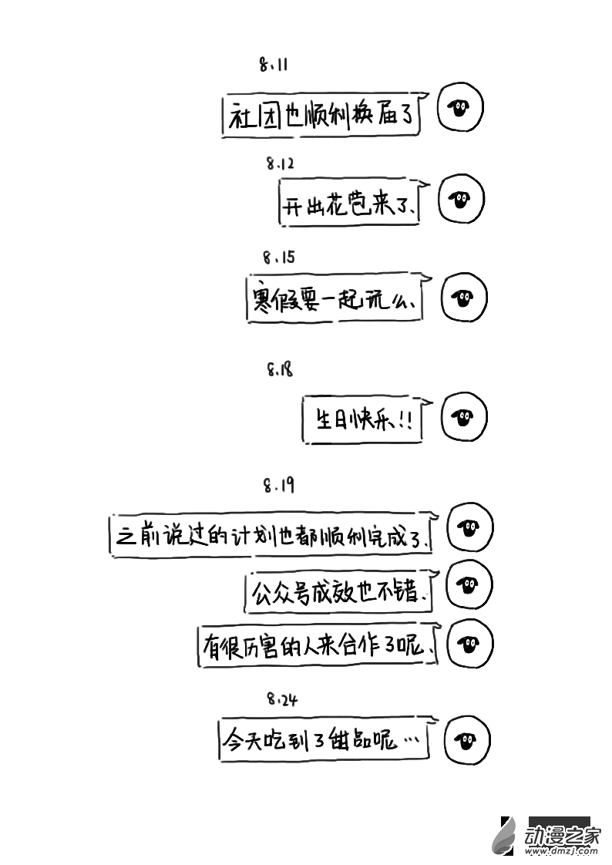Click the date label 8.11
tap(274, 66)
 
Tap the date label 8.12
tap(281, 163)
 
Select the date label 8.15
tap(278, 257)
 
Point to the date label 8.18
tap(280, 370)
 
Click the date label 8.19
tap(278, 486)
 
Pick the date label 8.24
tap(282, 700)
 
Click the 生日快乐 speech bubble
tap(362, 420)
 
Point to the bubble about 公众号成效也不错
tap(339, 591)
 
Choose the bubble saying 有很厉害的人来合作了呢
tap(318, 646)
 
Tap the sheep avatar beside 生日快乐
tap(463, 418)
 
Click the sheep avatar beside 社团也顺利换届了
tap(460, 107)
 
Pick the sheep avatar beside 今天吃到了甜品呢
tap(466, 742)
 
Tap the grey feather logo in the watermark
tap(506, 836)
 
